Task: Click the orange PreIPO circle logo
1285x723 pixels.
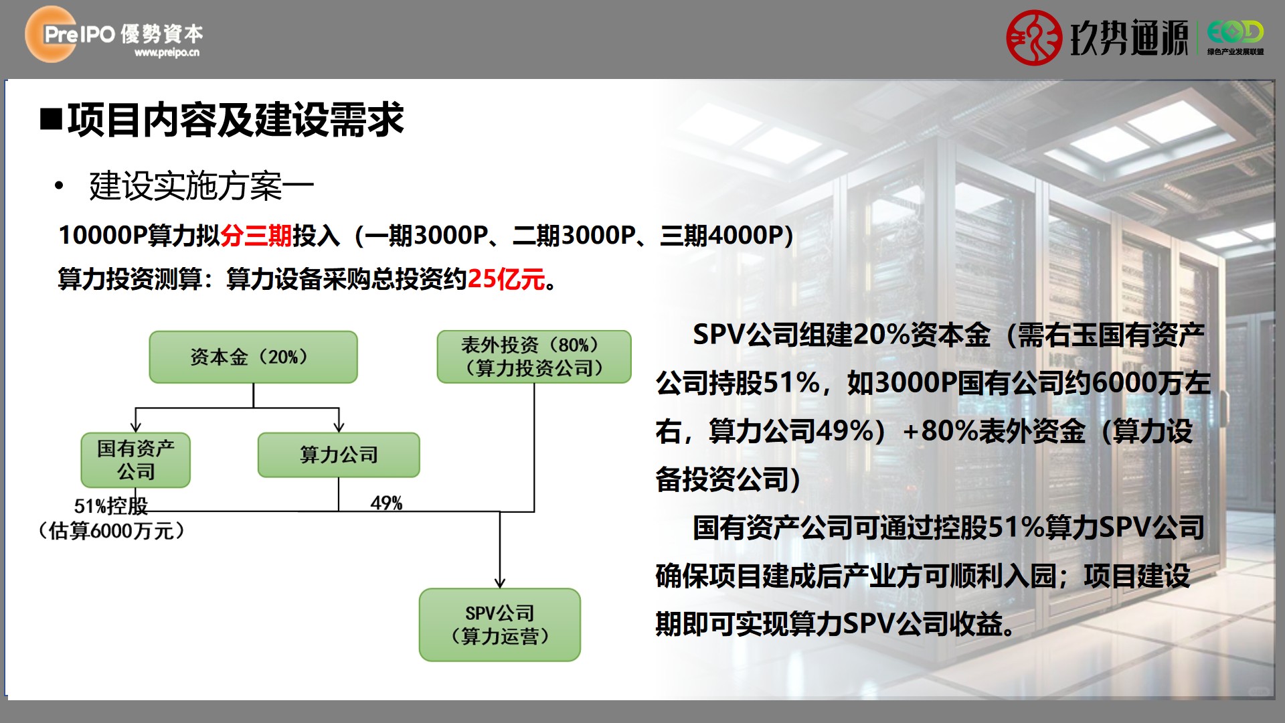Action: point(51,34)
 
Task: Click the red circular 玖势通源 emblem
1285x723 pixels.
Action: point(1034,37)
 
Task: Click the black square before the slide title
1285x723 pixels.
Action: point(51,120)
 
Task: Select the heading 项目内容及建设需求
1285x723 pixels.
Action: point(236,120)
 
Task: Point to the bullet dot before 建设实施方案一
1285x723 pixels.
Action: point(60,185)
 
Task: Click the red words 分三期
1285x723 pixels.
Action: point(256,236)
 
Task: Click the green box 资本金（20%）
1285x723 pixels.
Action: point(253,357)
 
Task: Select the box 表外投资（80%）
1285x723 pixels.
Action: point(534,357)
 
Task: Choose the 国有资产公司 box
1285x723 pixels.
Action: point(136,460)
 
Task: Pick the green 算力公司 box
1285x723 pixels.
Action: point(339,455)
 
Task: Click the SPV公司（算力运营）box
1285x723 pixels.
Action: point(500,625)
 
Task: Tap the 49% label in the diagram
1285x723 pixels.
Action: point(386,503)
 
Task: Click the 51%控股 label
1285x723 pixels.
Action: point(110,506)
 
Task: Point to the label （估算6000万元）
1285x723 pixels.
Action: point(111,532)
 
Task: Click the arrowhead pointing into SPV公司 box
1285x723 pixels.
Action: point(500,583)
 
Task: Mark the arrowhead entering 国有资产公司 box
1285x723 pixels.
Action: point(136,427)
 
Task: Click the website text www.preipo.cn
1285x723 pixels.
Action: point(167,53)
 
